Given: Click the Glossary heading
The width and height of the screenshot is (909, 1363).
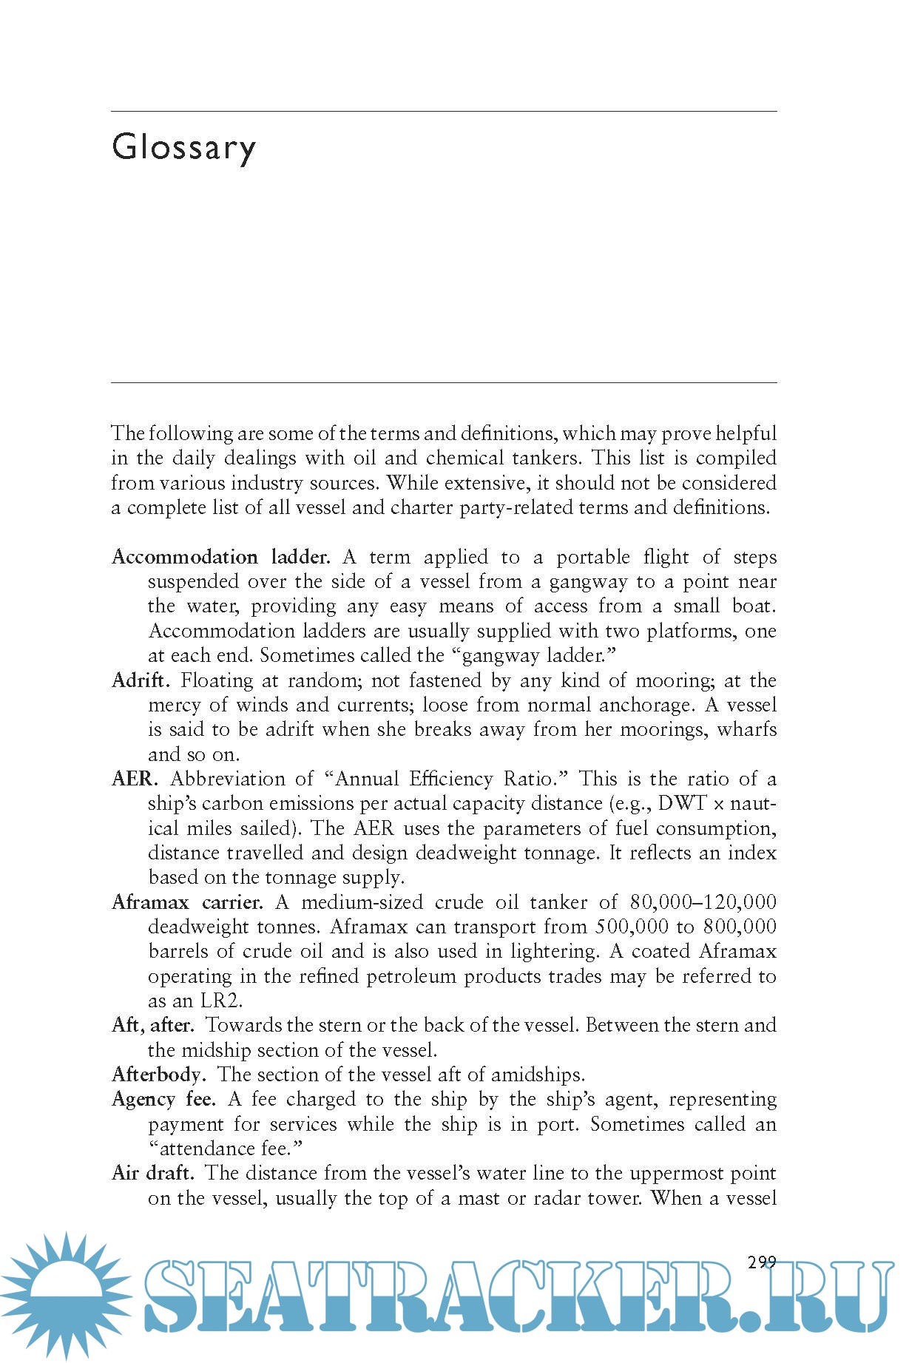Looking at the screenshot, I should click(x=184, y=147).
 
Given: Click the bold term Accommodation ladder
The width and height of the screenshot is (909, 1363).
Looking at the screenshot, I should click(x=220, y=557).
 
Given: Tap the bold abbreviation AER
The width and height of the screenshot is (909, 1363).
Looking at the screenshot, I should click(x=135, y=779).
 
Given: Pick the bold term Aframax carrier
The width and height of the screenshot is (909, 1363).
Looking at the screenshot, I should click(x=187, y=902).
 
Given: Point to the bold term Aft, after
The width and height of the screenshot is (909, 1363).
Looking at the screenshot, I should click(x=152, y=1025).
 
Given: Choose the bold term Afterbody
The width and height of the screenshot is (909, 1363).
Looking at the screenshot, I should click(x=158, y=1075).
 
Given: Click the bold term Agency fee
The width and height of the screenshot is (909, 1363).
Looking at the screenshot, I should click(x=163, y=1099).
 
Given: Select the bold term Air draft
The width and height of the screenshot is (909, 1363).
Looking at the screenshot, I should click(x=152, y=1173).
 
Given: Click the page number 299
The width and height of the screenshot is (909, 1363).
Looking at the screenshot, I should click(x=762, y=1262).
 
